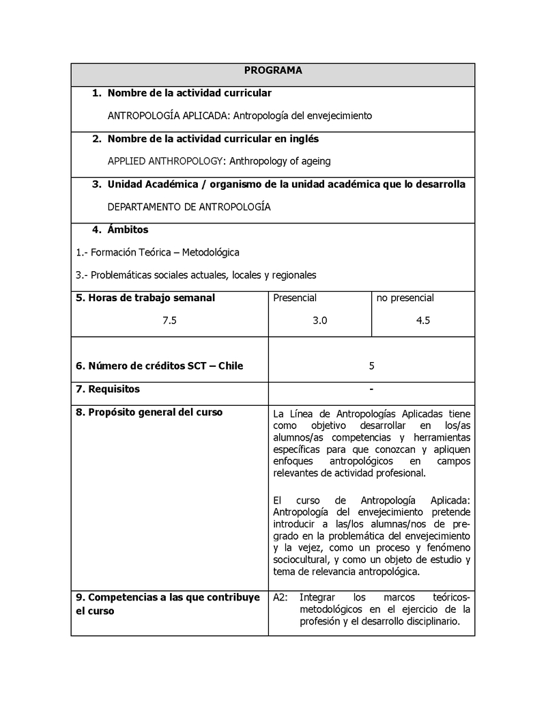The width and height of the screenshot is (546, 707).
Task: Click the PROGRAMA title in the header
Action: [x=273, y=70]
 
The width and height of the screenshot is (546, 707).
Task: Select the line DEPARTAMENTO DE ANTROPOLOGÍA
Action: [x=189, y=207]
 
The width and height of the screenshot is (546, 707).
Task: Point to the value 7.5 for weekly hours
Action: [x=169, y=320]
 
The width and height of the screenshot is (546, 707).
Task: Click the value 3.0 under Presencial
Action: [x=319, y=320]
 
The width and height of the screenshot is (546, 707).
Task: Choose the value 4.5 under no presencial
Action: [x=422, y=320]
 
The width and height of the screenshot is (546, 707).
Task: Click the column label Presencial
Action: [x=295, y=298]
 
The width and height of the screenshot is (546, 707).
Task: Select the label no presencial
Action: [x=405, y=298]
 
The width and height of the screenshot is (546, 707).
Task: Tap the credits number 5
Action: [x=371, y=365]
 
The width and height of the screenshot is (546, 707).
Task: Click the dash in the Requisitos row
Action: [x=371, y=389]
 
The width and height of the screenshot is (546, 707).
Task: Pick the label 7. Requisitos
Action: [x=108, y=389]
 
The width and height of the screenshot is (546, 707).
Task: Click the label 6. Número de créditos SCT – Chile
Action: [x=160, y=365]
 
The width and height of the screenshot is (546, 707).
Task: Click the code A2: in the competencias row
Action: [x=281, y=597]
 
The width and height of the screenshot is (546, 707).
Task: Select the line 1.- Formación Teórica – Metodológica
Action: [x=158, y=252]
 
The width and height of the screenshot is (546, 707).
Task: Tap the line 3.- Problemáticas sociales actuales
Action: [x=196, y=275]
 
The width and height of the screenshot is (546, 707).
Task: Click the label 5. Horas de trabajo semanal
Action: [x=145, y=298]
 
